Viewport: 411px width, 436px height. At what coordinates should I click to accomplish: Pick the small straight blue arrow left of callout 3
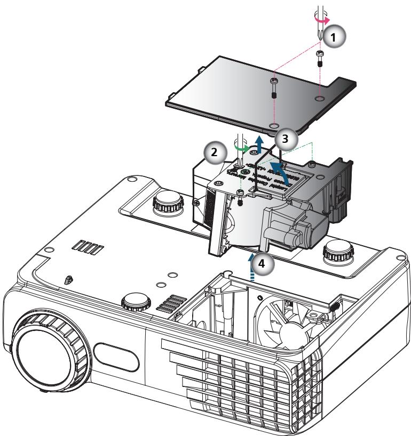coord(259,144)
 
